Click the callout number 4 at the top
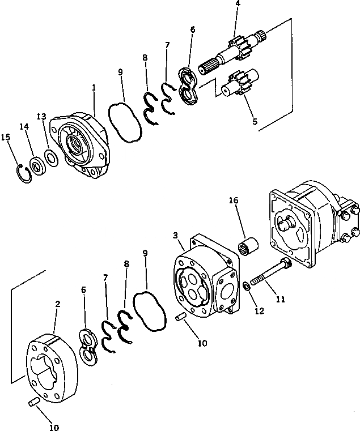coord(238,3)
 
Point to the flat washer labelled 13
coord(50,157)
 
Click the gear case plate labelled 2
coord(52,368)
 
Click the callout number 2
coord(57,304)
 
